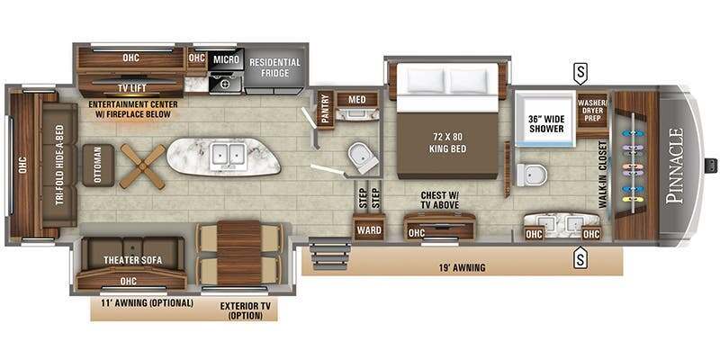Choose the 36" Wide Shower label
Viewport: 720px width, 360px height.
(x=546, y=122)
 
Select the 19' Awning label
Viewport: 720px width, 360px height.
(x=463, y=266)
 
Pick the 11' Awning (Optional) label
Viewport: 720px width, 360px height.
(x=148, y=303)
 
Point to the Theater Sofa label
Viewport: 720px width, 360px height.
(x=132, y=260)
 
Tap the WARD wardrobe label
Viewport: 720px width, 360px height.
(x=369, y=229)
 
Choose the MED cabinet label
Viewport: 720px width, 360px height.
(x=357, y=99)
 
